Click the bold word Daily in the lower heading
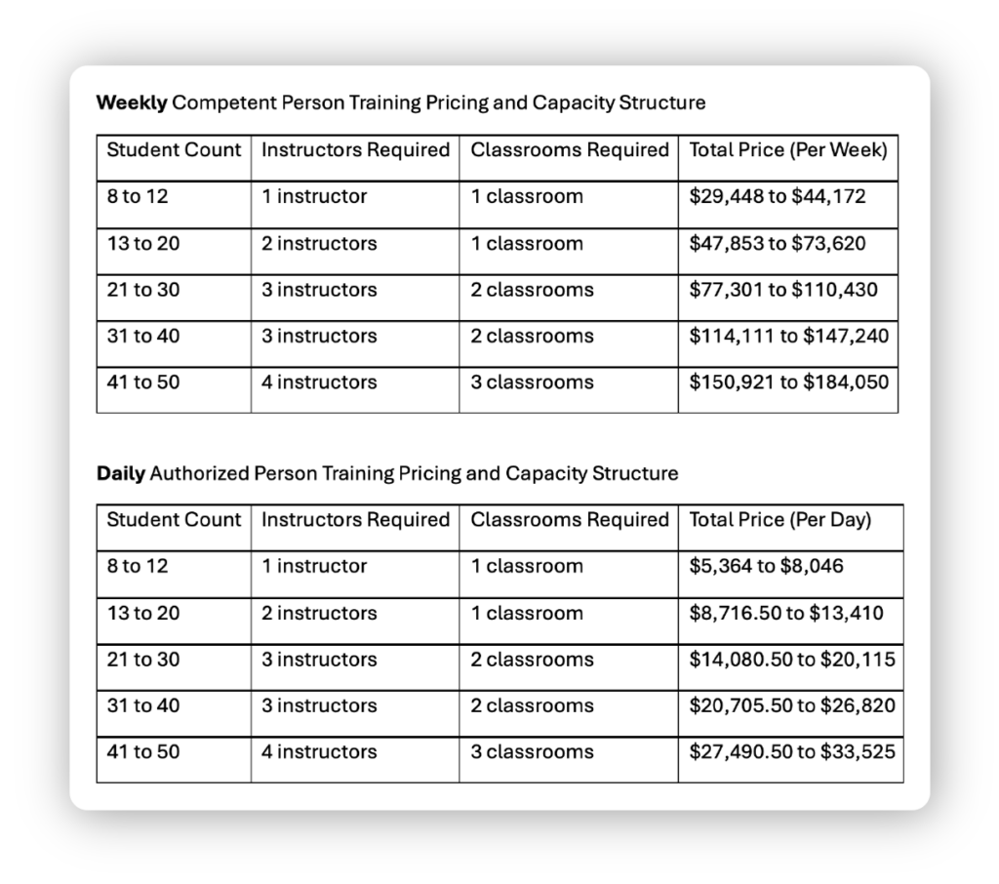(x=121, y=474)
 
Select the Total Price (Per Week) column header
(x=787, y=150)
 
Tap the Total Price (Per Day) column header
(x=779, y=520)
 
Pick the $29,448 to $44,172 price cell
(x=777, y=196)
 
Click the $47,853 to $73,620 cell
(x=777, y=243)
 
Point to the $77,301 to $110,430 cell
(x=782, y=290)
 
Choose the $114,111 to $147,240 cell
(x=788, y=336)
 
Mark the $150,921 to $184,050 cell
(x=788, y=382)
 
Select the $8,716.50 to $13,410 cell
(x=785, y=613)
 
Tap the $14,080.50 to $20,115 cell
(x=791, y=660)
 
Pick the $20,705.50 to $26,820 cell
(x=791, y=705)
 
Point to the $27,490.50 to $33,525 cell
(x=791, y=752)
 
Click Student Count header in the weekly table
(x=173, y=150)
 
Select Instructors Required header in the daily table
(x=355, y=520)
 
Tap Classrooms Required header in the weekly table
(x=570, y=150)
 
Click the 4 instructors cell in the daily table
(x=319, y=752)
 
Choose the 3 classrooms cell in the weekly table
(x=532, y=382)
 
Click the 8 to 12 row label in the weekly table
(x=138, y=196)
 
